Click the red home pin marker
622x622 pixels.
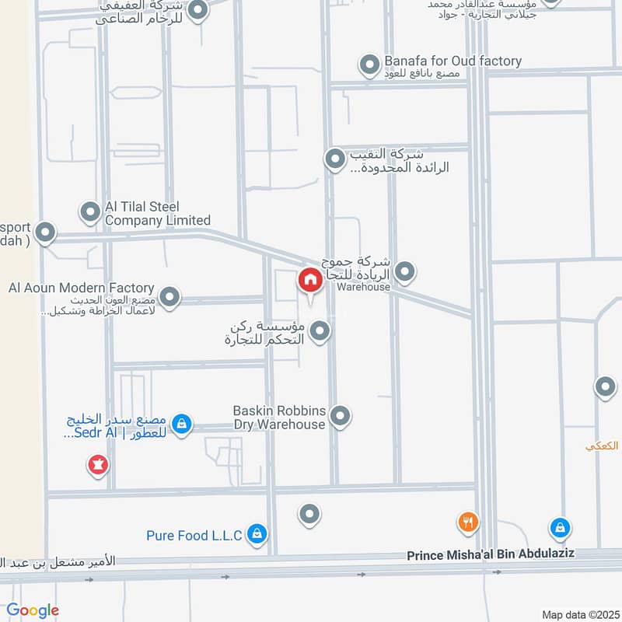tap(309, 281)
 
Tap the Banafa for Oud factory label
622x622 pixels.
tap(453, 61)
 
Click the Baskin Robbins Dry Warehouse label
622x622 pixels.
tap(279, 417)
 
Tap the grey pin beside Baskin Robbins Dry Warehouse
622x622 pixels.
tap(340, 416)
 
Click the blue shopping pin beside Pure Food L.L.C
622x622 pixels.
tap(257, 534)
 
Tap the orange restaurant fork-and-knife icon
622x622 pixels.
tap(467, 523)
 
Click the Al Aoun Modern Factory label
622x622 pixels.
tap(82, 288)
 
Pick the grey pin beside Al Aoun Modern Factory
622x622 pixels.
tap(169, 296)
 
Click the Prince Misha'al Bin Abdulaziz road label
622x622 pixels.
tap(491, 556)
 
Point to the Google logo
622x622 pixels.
tap(33, 610)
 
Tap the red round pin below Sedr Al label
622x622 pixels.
tap(98, 465)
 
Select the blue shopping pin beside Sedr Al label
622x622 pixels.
tap(181, 425)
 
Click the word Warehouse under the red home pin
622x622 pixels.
tap(363, 287)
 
